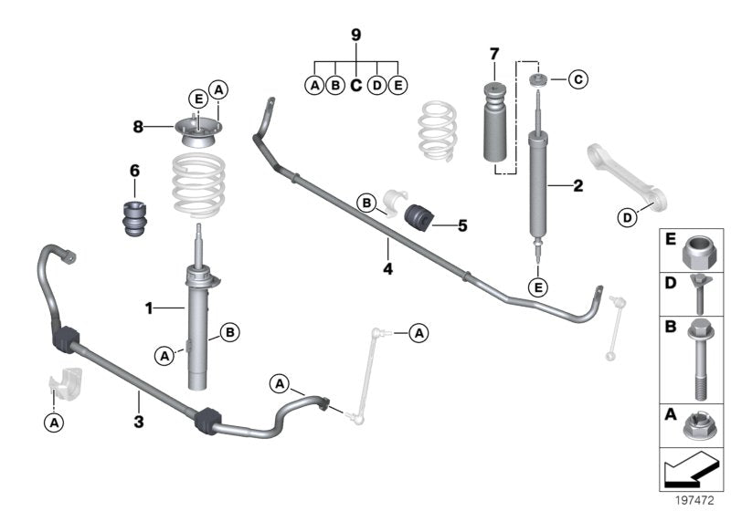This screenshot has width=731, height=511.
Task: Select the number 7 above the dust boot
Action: [494, 52]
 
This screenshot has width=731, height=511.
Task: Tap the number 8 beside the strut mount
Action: [138, 128]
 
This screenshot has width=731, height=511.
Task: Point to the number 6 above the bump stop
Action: [134, 170]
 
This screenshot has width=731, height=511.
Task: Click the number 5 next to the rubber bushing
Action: [462, 223]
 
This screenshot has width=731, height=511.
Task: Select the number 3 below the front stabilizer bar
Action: [138, 421]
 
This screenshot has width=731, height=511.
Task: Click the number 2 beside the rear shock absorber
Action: [577, 187]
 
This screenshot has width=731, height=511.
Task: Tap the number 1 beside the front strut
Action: [148, 308]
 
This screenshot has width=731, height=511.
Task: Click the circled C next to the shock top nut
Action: [577, 80]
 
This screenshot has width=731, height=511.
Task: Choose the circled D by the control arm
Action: [627, 217]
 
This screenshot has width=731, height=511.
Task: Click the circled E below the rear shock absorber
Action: [538, 288]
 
